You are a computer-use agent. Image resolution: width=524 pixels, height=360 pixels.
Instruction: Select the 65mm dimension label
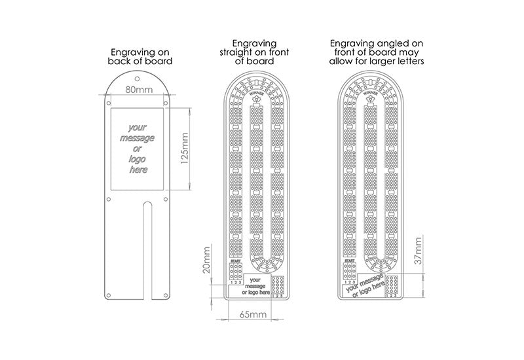pyautogui.click(x=250, y=315)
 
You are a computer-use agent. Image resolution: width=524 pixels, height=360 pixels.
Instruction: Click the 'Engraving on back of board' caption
pyautogui.click(x=140, y=56)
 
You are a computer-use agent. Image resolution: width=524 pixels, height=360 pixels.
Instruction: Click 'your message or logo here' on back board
pyautogui.click(x=138, y=149)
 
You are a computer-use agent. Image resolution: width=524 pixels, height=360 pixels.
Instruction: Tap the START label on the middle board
pyautogui.click(x=234, y=263)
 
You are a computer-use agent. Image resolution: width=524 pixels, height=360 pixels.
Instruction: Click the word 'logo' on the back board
pyautogui.click(x=138, y=159)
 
